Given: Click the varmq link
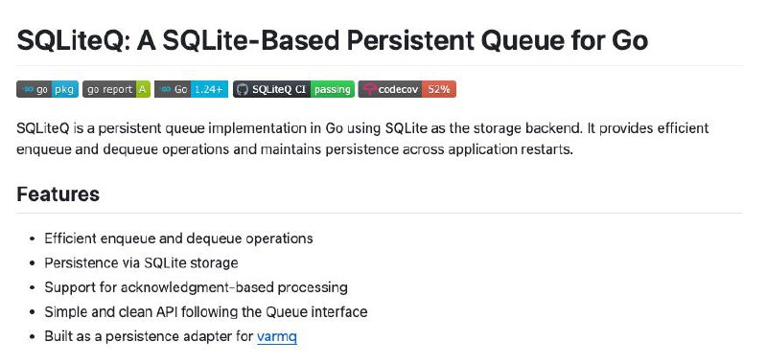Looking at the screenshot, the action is tap(277, 336).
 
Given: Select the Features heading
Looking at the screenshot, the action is tap(58, 193).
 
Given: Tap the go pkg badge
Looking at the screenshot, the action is tap(47, 89).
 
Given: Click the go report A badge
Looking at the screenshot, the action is tap(116, 89).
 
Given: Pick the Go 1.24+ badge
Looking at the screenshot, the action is tap(191, 89).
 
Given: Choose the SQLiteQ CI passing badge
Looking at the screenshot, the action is tap(293, 89).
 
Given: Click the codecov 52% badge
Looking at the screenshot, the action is tap(407, 89).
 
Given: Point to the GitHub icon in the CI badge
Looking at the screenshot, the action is tap(243, 89).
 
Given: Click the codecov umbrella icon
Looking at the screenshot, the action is tap(369, 89).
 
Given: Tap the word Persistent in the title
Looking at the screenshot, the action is tap(410, 40).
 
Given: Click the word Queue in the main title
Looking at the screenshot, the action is tap(529, 41).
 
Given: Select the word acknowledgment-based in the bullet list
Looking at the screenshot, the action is tap(197, 287).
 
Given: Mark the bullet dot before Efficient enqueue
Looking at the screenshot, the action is tap(33, 239).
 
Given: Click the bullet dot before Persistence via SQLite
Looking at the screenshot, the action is tap(33, 263).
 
